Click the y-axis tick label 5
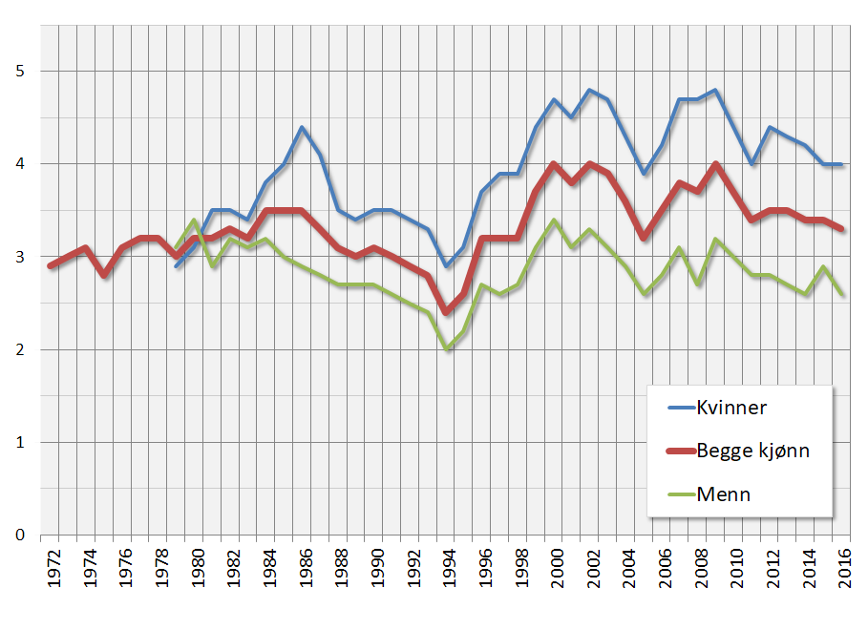19,71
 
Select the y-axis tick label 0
19,535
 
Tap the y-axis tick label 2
19,349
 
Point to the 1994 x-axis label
446,567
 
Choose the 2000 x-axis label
554,567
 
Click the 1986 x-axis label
302,567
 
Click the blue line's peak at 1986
302,127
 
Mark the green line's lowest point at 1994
446,349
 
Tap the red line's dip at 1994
446,312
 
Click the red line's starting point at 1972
51,266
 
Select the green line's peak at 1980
195,220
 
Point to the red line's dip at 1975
104,275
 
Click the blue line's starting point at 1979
177,266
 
